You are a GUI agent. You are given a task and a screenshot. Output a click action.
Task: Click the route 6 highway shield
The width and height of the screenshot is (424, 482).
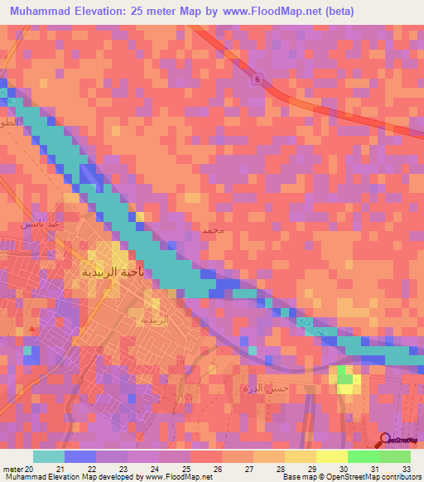coord(257,80)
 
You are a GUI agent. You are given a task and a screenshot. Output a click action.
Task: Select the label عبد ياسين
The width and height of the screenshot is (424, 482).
coord(40,224)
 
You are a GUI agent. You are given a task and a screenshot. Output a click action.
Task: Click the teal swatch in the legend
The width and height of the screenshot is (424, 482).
coord(48,456)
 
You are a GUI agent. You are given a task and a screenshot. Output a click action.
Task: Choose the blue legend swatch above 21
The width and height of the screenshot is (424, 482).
coord(79,456)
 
